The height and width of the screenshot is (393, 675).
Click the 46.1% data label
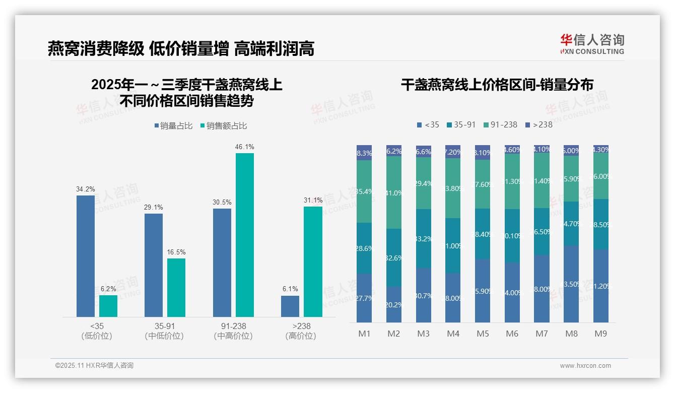click(x=244, y=147)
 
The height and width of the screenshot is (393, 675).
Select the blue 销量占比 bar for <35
click(x=85, y=256)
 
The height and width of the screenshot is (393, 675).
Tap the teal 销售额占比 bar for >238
click(x=313, y=261)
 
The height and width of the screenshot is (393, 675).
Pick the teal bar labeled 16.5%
click(x=176, y=288)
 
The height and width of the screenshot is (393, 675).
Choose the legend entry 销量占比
click(x=173, y=126)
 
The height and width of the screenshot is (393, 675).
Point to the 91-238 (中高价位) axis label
click(x=233, y=331)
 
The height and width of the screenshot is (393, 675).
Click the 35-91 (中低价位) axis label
click(x=164, y=331)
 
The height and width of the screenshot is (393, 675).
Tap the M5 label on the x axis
click(x=483, y=334)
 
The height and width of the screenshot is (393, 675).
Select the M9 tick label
click(x=600, y=334)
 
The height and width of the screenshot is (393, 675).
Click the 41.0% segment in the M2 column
click(x=394, y=192)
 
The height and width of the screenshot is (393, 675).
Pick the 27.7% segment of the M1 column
click(x=364, y=298)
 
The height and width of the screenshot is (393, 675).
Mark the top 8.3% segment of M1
click(x=364, y=153)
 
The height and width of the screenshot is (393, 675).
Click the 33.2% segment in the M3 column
click(x=424, y=238)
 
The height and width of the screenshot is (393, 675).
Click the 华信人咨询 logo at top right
click(x=592, y=44)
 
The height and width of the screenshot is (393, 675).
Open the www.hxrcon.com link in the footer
click(x=585, y=366)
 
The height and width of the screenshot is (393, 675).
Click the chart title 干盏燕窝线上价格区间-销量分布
click(x=497, y=85)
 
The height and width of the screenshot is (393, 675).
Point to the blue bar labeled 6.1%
click(x=290, y=306)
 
